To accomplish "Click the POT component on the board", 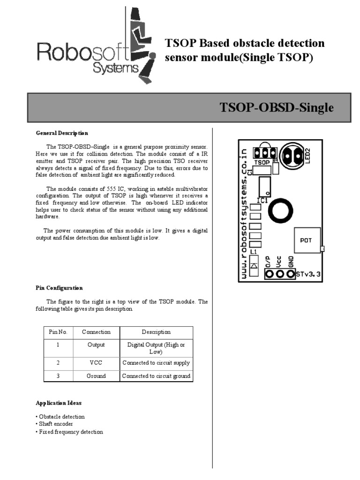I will click(306, 240).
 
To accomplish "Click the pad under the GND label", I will click(290, 274).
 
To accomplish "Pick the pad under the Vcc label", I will click(279, 274).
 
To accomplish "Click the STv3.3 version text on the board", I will click(308, 275).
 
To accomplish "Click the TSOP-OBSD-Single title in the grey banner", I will click(277, 108).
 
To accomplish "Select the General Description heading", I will click(62, 133).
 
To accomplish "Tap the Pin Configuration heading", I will click(59, 288).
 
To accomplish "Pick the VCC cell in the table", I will click(96, 363).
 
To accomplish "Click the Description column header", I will click(156, 332).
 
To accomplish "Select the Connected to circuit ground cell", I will click(156, 376).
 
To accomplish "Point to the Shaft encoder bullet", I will click(55, 424).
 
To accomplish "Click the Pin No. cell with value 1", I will click(58, 345).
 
